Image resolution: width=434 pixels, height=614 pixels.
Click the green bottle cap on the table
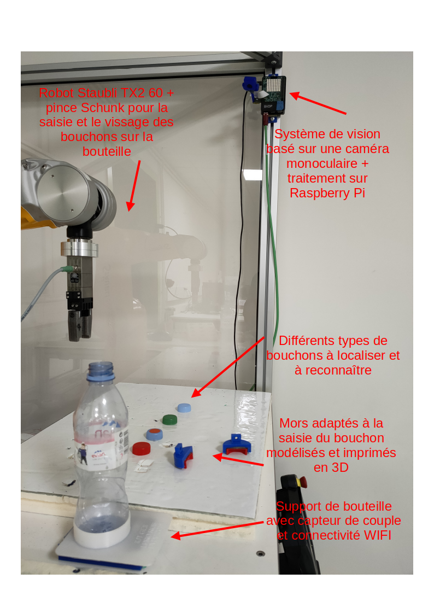click(x=169, y=420)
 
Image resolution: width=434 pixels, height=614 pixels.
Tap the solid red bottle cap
click(x=141, y=448)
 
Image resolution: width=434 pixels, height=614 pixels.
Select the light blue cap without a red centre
click(x=184, y=408)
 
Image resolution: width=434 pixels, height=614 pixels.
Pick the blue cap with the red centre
click(x=155, y=434)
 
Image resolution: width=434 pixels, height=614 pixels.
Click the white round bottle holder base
click(x=102, y=535)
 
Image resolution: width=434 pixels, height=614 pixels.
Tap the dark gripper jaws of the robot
click(x=80, y=324)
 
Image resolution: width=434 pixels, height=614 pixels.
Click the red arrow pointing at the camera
click(x=318, y=103)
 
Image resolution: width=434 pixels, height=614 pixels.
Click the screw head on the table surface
click(x=260, y=553)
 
